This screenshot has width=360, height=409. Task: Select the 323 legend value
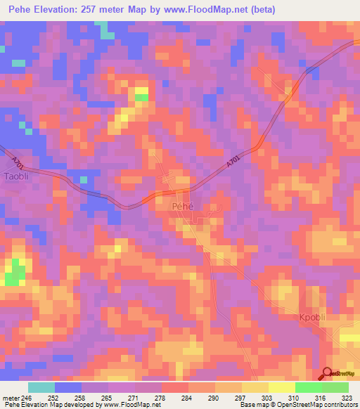pos(347,398)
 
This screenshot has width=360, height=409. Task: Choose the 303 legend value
pos(268,398)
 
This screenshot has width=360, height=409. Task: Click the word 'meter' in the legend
pos(11,398)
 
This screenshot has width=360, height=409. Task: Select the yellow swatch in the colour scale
pos(281,387)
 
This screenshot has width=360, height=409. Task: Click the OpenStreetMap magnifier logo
pos(327,373)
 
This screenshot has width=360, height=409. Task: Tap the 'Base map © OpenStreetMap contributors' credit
pos(299,405)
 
